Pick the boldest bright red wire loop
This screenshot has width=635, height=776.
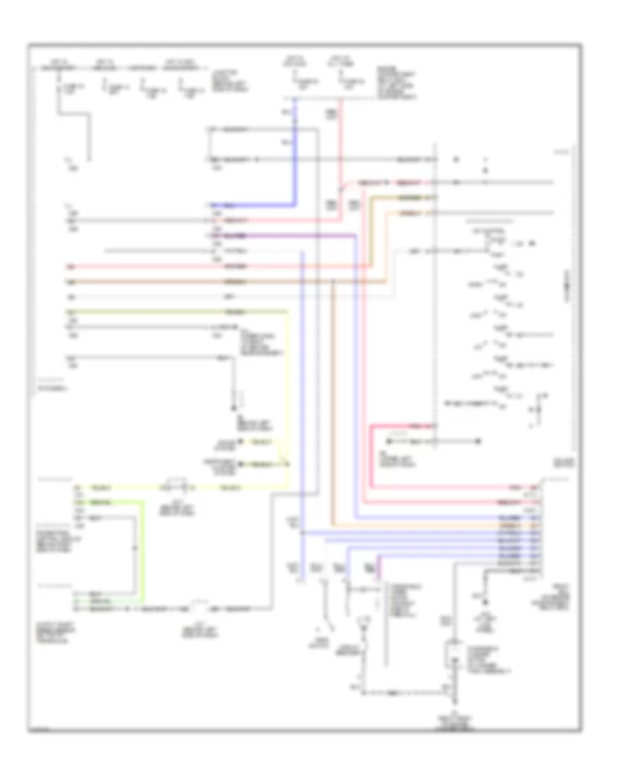coord(373,459)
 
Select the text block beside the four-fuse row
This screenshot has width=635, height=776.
coord(226,81)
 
